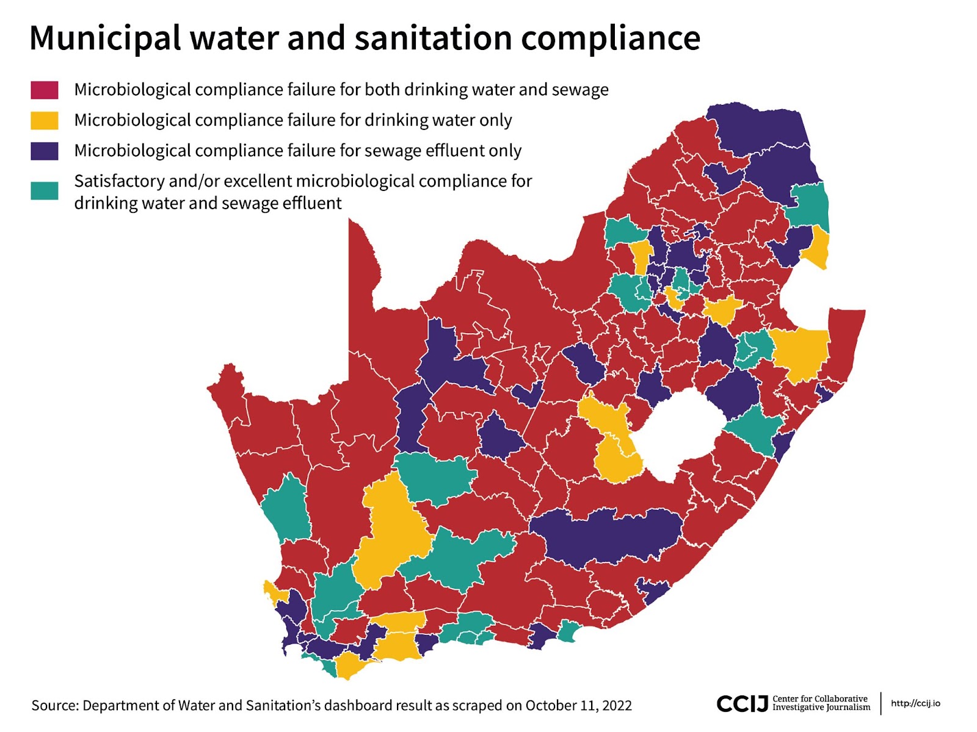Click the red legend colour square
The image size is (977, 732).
click(x=45, y=90)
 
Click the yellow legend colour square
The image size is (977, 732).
click(x=45, y=121)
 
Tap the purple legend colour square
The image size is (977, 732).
click(x=45, y=151)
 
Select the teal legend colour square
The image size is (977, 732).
click(x=45, y=191)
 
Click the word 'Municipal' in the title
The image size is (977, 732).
click(x=104, y=38)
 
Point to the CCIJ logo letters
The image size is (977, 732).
click(x=741, y=704)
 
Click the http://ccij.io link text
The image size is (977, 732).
click(x=915, y=703)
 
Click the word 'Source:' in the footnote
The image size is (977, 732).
click(x=55, y=706)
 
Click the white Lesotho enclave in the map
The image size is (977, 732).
click(x=678, y=433)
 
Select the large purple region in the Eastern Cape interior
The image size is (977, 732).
click(x=605, y=537)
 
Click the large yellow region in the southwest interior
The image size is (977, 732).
click(x=391, y=531)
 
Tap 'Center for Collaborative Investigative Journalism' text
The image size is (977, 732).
click(x=821, y=703)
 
